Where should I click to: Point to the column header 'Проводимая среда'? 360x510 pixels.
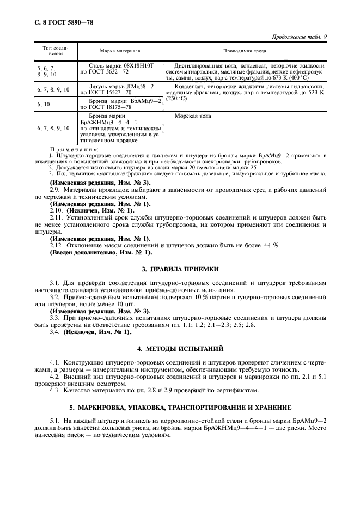pos(245,51)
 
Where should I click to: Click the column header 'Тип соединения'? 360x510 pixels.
pos(54,51)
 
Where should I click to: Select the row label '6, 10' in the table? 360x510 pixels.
pos(44,103)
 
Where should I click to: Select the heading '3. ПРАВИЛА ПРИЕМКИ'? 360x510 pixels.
pos(180,269)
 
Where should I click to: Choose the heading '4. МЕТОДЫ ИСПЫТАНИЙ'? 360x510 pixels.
pos(180,348)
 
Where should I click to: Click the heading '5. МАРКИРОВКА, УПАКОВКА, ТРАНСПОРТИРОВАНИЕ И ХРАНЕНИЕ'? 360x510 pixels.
pos(180,407)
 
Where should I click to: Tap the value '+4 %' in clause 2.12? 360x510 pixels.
pos(270,245)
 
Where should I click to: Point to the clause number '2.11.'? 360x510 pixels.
pos(57,217)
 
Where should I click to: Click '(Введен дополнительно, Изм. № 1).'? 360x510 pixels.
pos(101,252)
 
